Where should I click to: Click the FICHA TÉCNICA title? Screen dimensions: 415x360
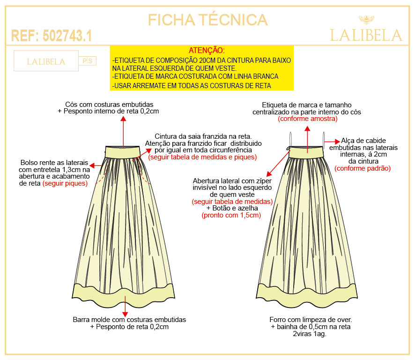[208, 20]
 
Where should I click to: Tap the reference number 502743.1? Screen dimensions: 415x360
[67, 36]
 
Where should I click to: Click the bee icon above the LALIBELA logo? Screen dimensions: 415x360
[366, 20]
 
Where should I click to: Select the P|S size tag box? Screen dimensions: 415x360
[88, 61]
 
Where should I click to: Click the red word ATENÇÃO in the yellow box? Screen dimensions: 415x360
[207, 50]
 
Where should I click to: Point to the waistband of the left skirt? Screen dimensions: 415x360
[122, 152]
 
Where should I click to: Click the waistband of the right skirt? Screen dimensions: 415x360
[306, 152]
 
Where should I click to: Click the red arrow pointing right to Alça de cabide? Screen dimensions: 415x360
[332, 142]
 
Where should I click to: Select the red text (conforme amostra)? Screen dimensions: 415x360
[308, 119]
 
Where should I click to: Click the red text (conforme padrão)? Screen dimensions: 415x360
[363, 168]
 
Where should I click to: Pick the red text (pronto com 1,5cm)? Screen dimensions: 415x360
[231, 215]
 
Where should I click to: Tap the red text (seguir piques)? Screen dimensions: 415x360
[65, 183]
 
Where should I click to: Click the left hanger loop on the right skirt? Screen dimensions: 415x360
[290, 139]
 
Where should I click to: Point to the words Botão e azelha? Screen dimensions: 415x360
[235, 208]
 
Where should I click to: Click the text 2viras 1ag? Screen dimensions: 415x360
[310, 334]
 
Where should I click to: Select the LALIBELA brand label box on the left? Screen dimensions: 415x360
[46, 61]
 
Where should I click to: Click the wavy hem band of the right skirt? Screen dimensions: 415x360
[306, 293]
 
